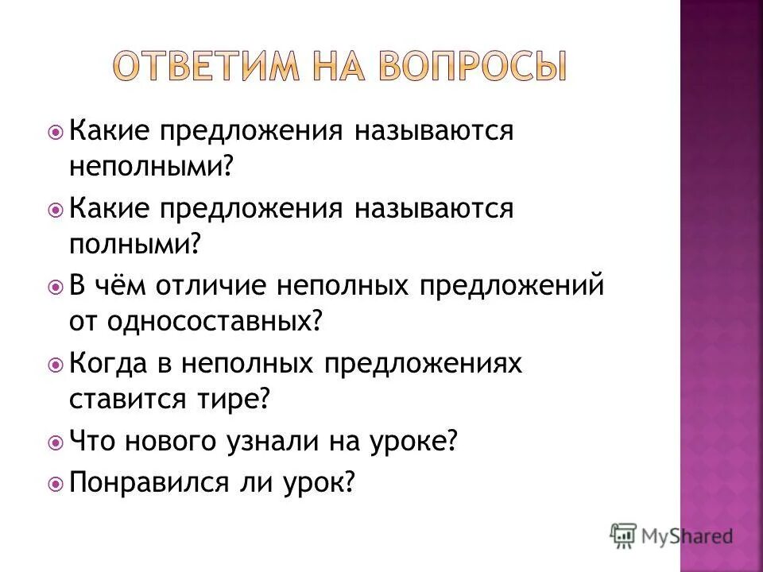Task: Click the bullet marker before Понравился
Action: pyautogui.click(x=56, y=481)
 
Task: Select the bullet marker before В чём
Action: pyautogui.click(x=56, y=284)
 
